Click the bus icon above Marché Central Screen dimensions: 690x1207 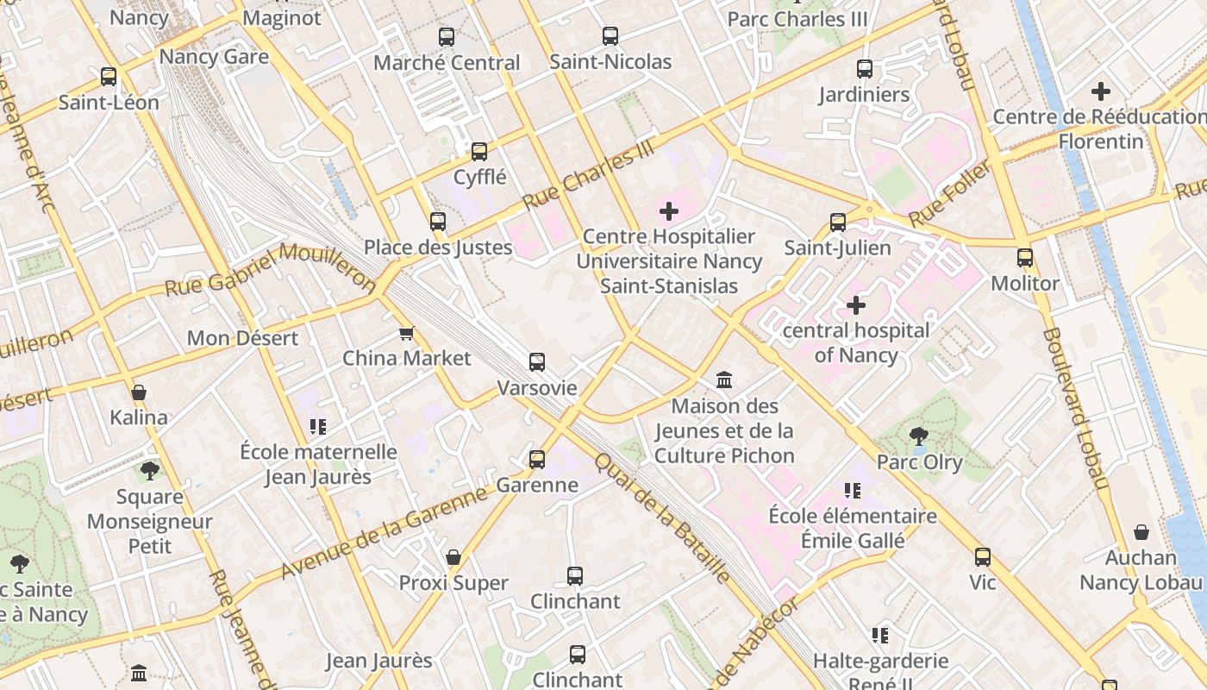coord(446,37)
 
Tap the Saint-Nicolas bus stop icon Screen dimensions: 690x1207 coord(610,36)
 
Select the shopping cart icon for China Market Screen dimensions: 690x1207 coord(406,333)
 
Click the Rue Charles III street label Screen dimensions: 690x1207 coord(589,176)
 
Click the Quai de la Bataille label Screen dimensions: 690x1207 coord(663,518)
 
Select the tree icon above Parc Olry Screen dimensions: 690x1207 coord(919,436)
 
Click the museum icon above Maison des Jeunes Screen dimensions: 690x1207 coord(724,379)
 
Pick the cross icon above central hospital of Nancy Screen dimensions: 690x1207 coord(856,304)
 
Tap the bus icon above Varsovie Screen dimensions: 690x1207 coord(536,362)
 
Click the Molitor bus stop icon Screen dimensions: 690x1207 coord(1024,258)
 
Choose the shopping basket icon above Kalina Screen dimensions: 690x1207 coord(139,392)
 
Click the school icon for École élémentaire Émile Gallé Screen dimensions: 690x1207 coord(853,491)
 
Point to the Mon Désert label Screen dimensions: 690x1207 coord(243,338)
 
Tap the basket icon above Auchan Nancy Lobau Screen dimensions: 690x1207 coord(1141,532)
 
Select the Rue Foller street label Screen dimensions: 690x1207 coord(948,194)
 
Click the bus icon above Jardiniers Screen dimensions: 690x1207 coord(864,69)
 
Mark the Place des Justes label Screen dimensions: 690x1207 coord(438,248)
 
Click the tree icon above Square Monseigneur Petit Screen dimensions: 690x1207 coord(150,470)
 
